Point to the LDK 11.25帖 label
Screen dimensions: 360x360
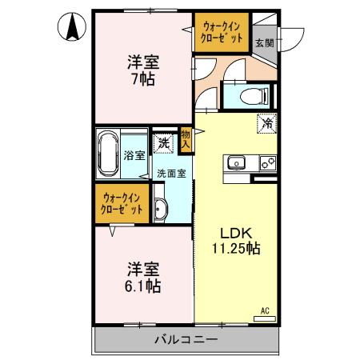tap(235, 240)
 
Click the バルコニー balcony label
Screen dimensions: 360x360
tap(186, 341)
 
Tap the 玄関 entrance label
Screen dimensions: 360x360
tap(263, 42)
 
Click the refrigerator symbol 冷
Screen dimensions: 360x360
tap(266, 125)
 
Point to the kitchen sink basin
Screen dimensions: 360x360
tap(238, 163)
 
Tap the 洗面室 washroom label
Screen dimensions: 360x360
tap(171, 173)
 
